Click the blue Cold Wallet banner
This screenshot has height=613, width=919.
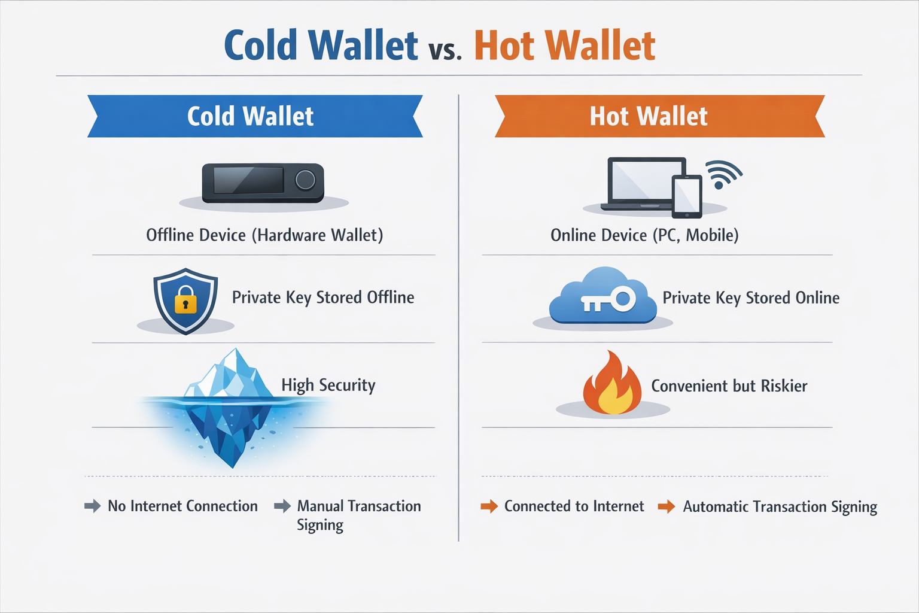[x=254, y=116]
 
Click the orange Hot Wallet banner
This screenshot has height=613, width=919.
[x=659, y=116]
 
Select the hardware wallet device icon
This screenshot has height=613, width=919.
[x=263, y=183]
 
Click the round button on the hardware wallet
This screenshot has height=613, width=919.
[x=305, y=180]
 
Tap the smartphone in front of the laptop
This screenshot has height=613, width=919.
[x=687, y=196]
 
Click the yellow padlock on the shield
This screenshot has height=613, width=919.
[x=185, y=300]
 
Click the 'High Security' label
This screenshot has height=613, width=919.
[x=328, y=386]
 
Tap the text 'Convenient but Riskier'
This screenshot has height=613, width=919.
[x=729, y=386]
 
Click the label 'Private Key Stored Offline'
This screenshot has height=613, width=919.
[x=323, y=298]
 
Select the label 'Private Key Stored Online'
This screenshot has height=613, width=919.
[x=751, y=298]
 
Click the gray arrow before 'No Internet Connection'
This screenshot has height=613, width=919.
[x=93, y=506]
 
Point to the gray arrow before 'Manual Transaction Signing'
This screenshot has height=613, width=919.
[x=282, y=506]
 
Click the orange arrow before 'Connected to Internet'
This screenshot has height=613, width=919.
[x=489, y=506]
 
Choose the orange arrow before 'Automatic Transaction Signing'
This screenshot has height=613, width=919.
[x=667, y=507]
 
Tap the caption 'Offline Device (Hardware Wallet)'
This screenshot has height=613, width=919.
[x=264, y=235]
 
